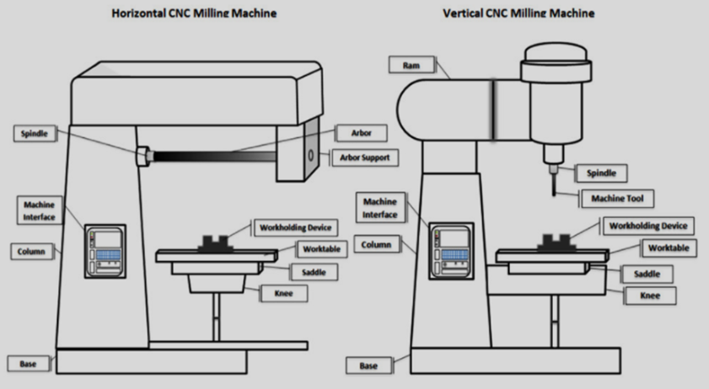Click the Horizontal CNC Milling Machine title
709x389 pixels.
pyautogui.click(x=194, y=13)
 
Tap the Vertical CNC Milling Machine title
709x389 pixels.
pyautogui.click(x=518, y=13)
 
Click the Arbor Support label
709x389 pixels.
pyautogui.click(x=364, y=157)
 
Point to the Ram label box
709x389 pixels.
pyautogui.click(x=411, y=65)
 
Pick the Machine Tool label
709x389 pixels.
pyautogui.click(x=618, y=198)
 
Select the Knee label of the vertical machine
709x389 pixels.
pyautogui.click(x=650, y=296)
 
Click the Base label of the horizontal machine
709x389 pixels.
pyautogui.click(x=29, y=363)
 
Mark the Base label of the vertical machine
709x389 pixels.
pyautogui.click(x=368, y=365)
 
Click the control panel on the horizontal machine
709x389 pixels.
pyautogui.click(x=105, y=250)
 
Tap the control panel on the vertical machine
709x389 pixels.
pyautogui.click(x=451, y=249)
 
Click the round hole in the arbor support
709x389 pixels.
pyautogui.click(x=310, y=156)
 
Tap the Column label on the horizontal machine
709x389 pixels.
pyautogui.click(x=30, y=252)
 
